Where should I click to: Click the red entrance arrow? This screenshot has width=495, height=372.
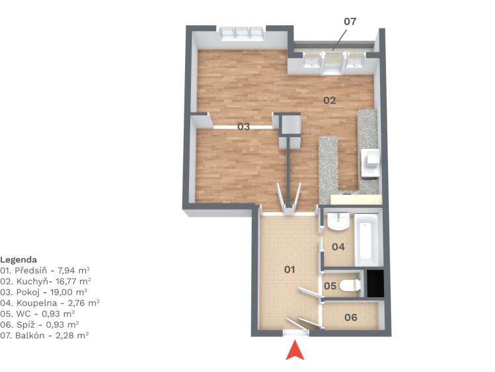pyautogui.click(x=295, y=351)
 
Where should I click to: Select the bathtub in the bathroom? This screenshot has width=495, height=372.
pyautogui.click(x=367, y=240)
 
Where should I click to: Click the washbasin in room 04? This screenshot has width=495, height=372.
pyautogui.click(x=338, y=221)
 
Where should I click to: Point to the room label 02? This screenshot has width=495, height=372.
pyautogui.click(x=329, y=101)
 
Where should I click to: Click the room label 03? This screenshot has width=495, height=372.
pyautogui.click(x=243, y=126)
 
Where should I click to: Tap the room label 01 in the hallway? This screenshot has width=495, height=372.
pyautogui.click(x=289, y=269)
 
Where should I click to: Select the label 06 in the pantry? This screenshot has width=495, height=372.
pyautogui.click(x=351, y=317)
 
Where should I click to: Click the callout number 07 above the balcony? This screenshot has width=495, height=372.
pyautogui.click(x=350, y=21)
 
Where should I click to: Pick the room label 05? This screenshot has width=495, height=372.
pyautogui.click(x=330, y=286)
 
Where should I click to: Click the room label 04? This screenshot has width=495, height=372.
pyautogui.click(x=338, y=247)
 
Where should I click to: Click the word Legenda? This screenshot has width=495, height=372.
pyautogui.click(x=19, y=260)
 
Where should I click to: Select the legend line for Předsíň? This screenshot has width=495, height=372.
pyautogui.click(x=45, y=271)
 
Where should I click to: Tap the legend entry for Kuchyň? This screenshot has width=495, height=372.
pyautogui.click(x=46, y=281)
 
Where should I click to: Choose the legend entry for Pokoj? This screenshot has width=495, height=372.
pyautogui.click(x=44, y=292)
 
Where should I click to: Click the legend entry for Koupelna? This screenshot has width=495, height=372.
pyautogui.click(x=50, y=302)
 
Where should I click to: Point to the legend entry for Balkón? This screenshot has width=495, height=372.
pyautogui.click(x=44, y=336)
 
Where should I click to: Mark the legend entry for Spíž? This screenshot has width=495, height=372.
pyautogui.click(x=40, y=324)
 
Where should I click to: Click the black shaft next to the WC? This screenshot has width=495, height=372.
pyautogui.click(x=375, y=283)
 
